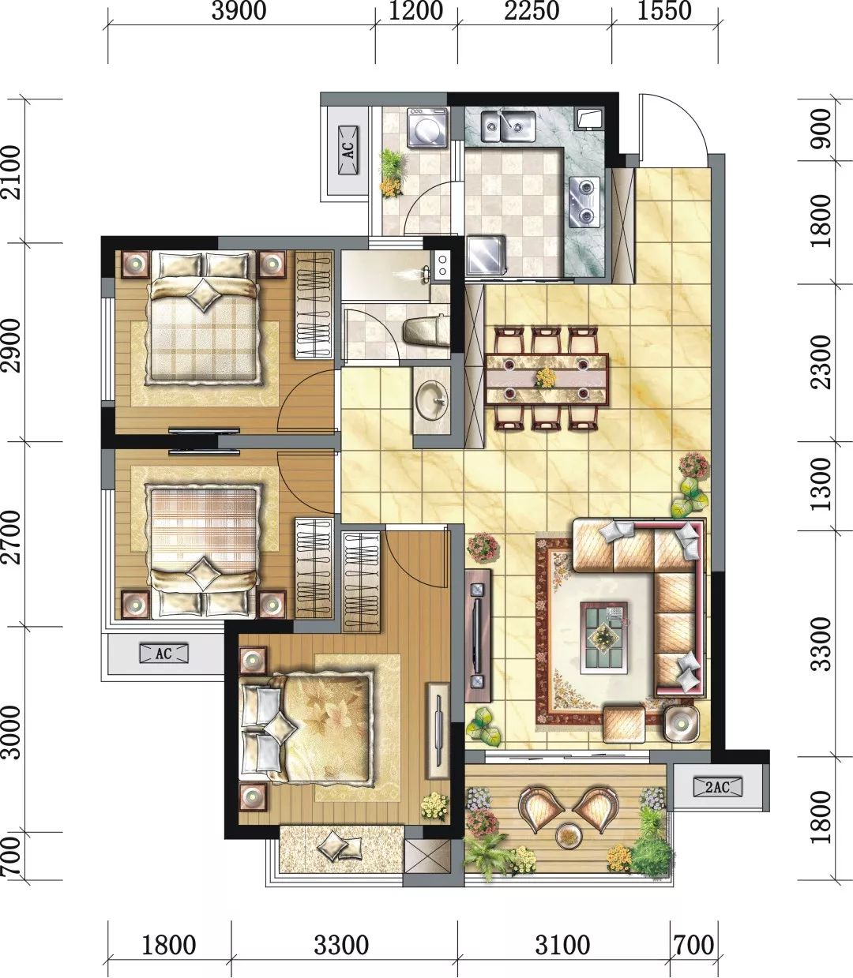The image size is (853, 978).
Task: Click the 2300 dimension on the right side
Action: (x=821, y=362)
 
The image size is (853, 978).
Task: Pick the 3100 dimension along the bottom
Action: (x=562, y=945)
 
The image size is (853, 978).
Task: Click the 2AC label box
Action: (x=717, y=787)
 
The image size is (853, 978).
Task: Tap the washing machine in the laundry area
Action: (x=427, y=127)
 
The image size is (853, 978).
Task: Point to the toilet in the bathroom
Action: (x=425, y=332)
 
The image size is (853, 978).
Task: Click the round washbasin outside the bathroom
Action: (x=430, y=400)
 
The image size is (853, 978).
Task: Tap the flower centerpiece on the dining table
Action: (x=545, y=378)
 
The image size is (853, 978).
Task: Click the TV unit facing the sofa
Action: (x=478, y=635)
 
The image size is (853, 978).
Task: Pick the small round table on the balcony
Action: (x=567, y=834)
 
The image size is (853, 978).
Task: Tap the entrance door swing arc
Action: (x=671, y=126)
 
